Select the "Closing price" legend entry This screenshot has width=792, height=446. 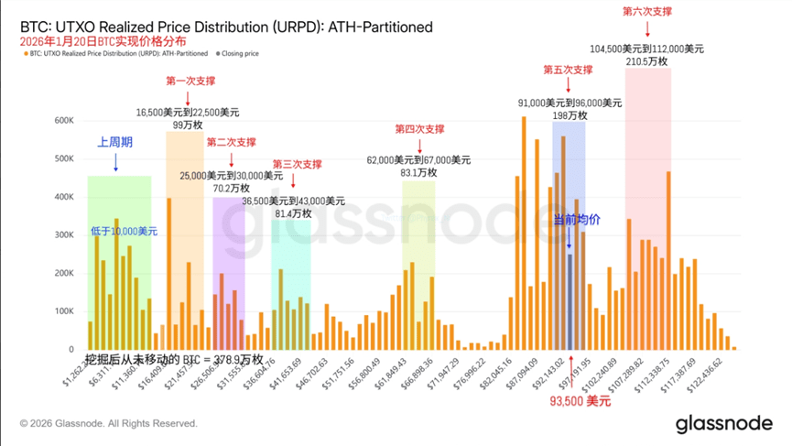(x=241, y=54)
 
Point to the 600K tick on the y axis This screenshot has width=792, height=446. (x=63, y=120)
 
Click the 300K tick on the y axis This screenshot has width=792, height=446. (x=63, y=235)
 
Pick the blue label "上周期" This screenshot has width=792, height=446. (x=116, y=143)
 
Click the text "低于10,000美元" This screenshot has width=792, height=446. (x=124, y=230)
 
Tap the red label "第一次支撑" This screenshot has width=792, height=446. (x=190, y=82)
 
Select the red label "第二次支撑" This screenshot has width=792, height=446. (x=231, y=143)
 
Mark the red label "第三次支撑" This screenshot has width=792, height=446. (x=297, y=165)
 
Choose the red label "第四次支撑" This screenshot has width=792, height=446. (x=419, y=129)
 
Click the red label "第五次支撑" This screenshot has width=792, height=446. (x=568, y=70)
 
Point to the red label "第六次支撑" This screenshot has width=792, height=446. (x=646, y=11)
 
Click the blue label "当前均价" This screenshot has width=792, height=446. (x=577, y=220)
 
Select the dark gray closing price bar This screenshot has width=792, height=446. (x=570, y=302)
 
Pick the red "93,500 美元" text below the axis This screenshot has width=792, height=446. (x=580, y=401)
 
